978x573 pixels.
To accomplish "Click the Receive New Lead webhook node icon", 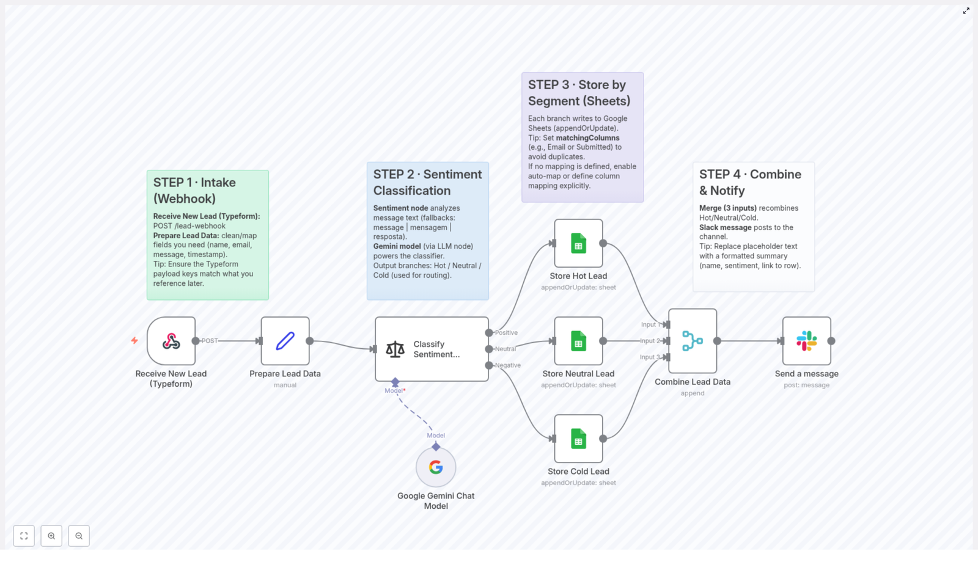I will (171, 341).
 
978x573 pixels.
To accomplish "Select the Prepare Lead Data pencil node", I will (285, 341).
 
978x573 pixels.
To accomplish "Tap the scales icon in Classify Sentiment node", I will (395, 349).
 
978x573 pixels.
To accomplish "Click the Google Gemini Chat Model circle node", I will (436, 467).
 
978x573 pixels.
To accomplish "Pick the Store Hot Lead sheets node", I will (578, 243).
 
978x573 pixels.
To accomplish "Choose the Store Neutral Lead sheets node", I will (578, 341).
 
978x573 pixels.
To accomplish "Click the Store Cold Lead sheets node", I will (578, 439).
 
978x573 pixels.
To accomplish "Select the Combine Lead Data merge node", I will (693, 341).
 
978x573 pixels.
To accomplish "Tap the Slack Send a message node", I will (806, 341).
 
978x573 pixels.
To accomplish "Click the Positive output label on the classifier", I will (506, 333).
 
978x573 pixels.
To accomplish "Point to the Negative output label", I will (508, 365).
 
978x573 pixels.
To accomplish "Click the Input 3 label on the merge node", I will (650, 357).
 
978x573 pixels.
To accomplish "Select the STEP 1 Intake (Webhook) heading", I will (194, 191).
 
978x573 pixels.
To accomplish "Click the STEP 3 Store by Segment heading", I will (579, 93).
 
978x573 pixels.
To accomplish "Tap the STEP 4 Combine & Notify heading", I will (750, 183).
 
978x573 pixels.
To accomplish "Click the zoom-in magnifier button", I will (51, 536).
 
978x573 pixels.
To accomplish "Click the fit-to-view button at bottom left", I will (24, 536).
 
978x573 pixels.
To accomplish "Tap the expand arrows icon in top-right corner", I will (966, 11).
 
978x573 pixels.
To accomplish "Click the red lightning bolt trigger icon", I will (134, 341).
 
